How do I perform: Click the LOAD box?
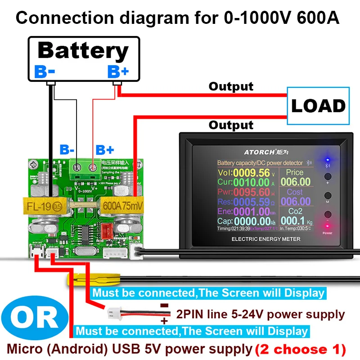click(318, 106)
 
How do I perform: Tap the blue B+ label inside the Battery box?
click(118, 71)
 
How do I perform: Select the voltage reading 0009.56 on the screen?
click(250, 173)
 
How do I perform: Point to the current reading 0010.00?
click(250, 182)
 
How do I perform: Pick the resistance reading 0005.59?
click(250, 202)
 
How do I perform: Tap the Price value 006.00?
click(295, 182)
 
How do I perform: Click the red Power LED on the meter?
click(327, 226)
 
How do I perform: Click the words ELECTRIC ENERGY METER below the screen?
click(265, 239)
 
